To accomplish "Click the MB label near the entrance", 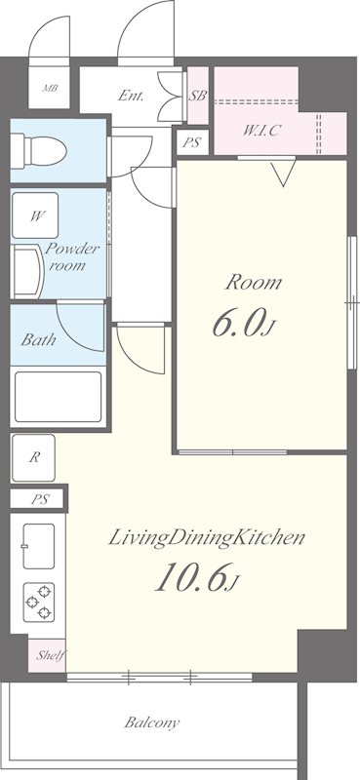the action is (x=50, y=89).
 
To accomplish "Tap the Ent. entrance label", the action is (x=131, y=96).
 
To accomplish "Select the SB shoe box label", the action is (x=198, y=96).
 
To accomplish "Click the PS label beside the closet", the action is (x=191, y=143).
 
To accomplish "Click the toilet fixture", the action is (x=39, y=150).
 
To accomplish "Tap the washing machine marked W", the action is (x=35, y=215).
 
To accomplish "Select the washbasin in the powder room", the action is (x=28, y=271).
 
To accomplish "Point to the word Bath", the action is (x=38, y=340).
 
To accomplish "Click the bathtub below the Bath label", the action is (x=59, y=397).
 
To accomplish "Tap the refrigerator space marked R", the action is (x=33, y=457).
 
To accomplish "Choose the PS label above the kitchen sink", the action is (x=40, y=499).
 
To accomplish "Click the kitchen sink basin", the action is (x=38, y=546).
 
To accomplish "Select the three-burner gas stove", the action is (x=39, y=603).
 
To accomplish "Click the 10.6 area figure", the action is (x=197, y=576).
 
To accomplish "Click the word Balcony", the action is (x=152, y=722).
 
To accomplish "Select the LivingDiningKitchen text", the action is (x=206, y=538).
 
